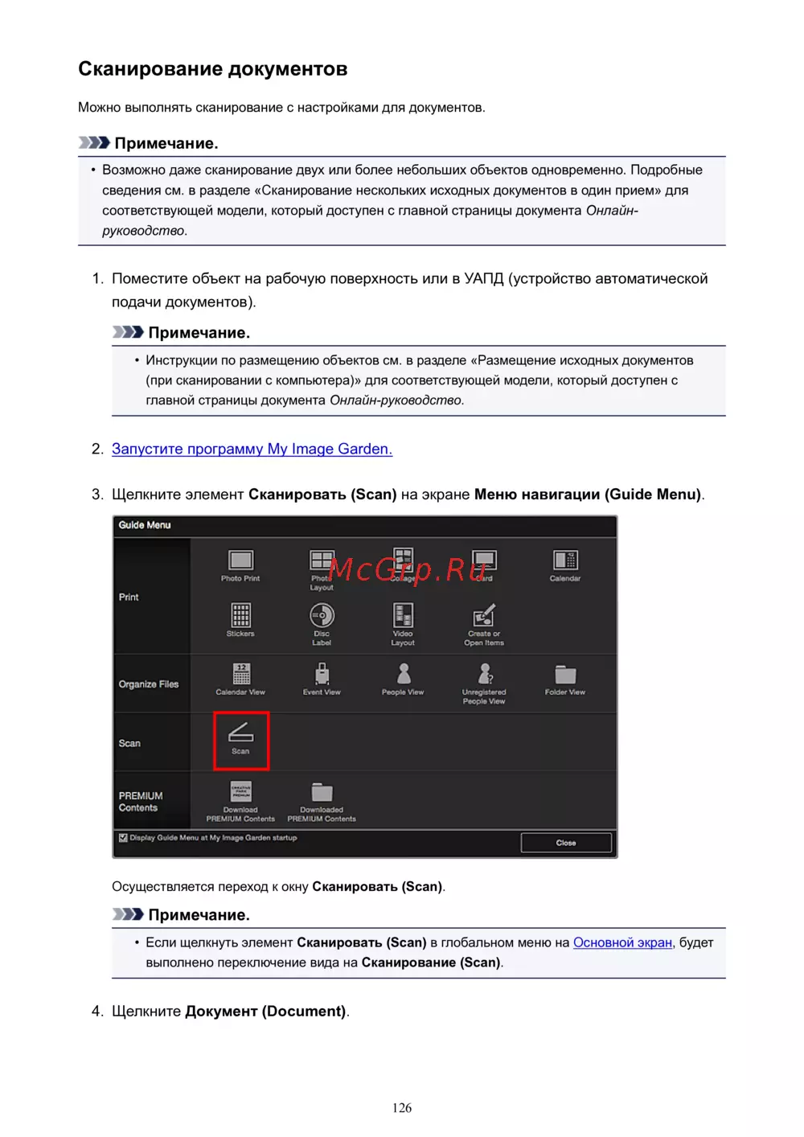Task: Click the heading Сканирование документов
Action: click(x=212, y=69)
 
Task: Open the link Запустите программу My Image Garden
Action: click(x=252, y=449)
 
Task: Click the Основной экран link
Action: click(x=622, y=942)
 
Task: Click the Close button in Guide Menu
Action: click(x=566, y=843)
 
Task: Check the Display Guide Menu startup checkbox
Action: click(x=123, y=838)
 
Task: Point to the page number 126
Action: click(x=402, y=1108)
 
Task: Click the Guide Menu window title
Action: click(x=145, y=525)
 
